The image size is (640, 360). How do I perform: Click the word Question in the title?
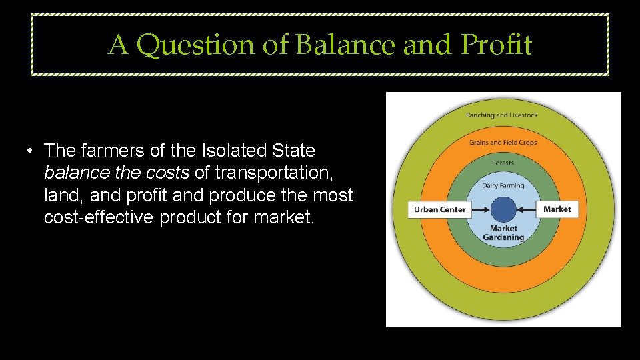(199, 45)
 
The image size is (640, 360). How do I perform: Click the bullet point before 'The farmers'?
(31, 151)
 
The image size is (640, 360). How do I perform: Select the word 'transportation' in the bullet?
(272, 173)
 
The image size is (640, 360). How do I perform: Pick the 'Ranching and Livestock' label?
(501, 115)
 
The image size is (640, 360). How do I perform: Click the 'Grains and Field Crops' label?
(503, 143)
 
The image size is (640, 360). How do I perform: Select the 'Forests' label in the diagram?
(503, 163)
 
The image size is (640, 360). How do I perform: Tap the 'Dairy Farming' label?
(503, 185)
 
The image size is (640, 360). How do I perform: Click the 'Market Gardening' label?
(503, 233)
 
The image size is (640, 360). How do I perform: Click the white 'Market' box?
(557, 209)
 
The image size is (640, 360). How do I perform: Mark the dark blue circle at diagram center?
(503, 209)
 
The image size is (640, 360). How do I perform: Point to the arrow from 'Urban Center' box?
(481, 209)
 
